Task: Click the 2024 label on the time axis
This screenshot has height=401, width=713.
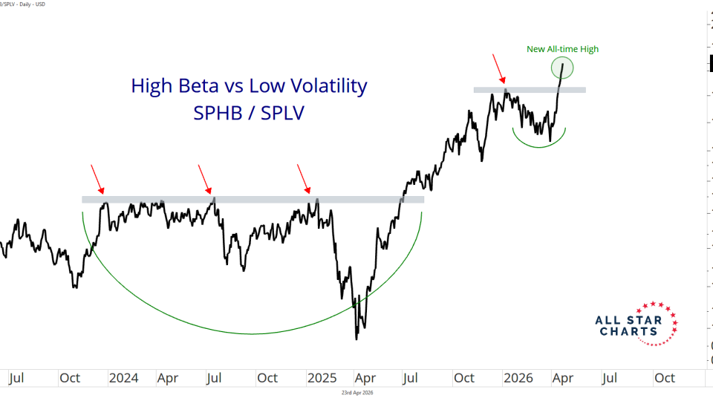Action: coord(123,377)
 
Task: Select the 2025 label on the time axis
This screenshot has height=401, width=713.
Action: coord(321,377)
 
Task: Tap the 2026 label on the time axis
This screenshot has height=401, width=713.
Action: coord(518,377)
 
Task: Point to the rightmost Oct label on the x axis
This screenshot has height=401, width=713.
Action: coord(664,377)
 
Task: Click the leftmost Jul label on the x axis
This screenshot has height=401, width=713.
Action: coord(19,377)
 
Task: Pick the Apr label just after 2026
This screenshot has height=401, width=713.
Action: coord(563,377)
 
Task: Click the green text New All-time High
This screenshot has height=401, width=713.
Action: coord(562,49)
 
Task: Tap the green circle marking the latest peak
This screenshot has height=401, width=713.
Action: coord(562,68)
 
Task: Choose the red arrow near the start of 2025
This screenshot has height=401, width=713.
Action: coord(305,178)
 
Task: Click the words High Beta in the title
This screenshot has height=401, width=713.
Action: coord(174,86)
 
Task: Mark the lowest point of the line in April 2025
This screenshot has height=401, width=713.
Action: coord(357,339)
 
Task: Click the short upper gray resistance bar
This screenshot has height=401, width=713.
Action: coord(530,90)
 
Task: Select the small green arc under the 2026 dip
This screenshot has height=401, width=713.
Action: coord(540,143)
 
